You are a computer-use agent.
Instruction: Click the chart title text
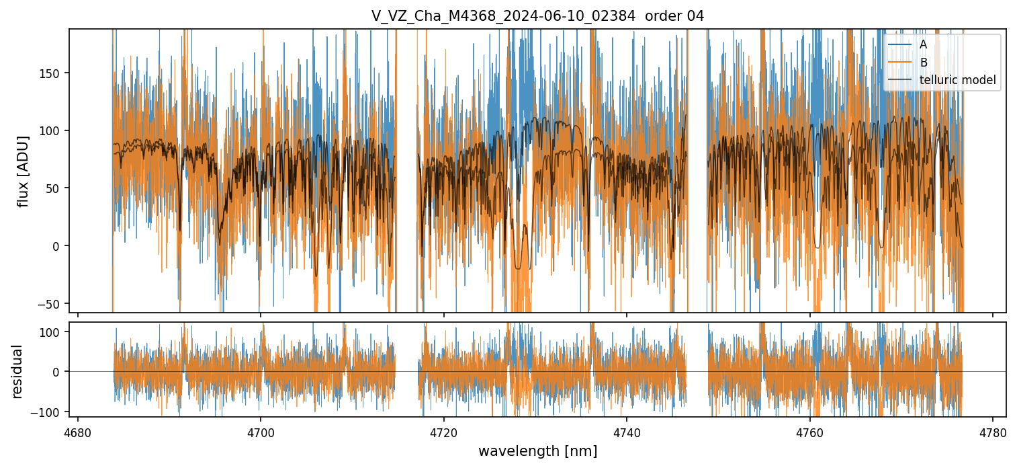coord(537,16)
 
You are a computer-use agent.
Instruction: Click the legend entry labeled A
coord(924,44)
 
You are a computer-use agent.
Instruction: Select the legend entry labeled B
coord(924,63)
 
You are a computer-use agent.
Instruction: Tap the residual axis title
coord(17,371)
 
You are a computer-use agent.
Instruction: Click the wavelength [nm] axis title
coord(537,451)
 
